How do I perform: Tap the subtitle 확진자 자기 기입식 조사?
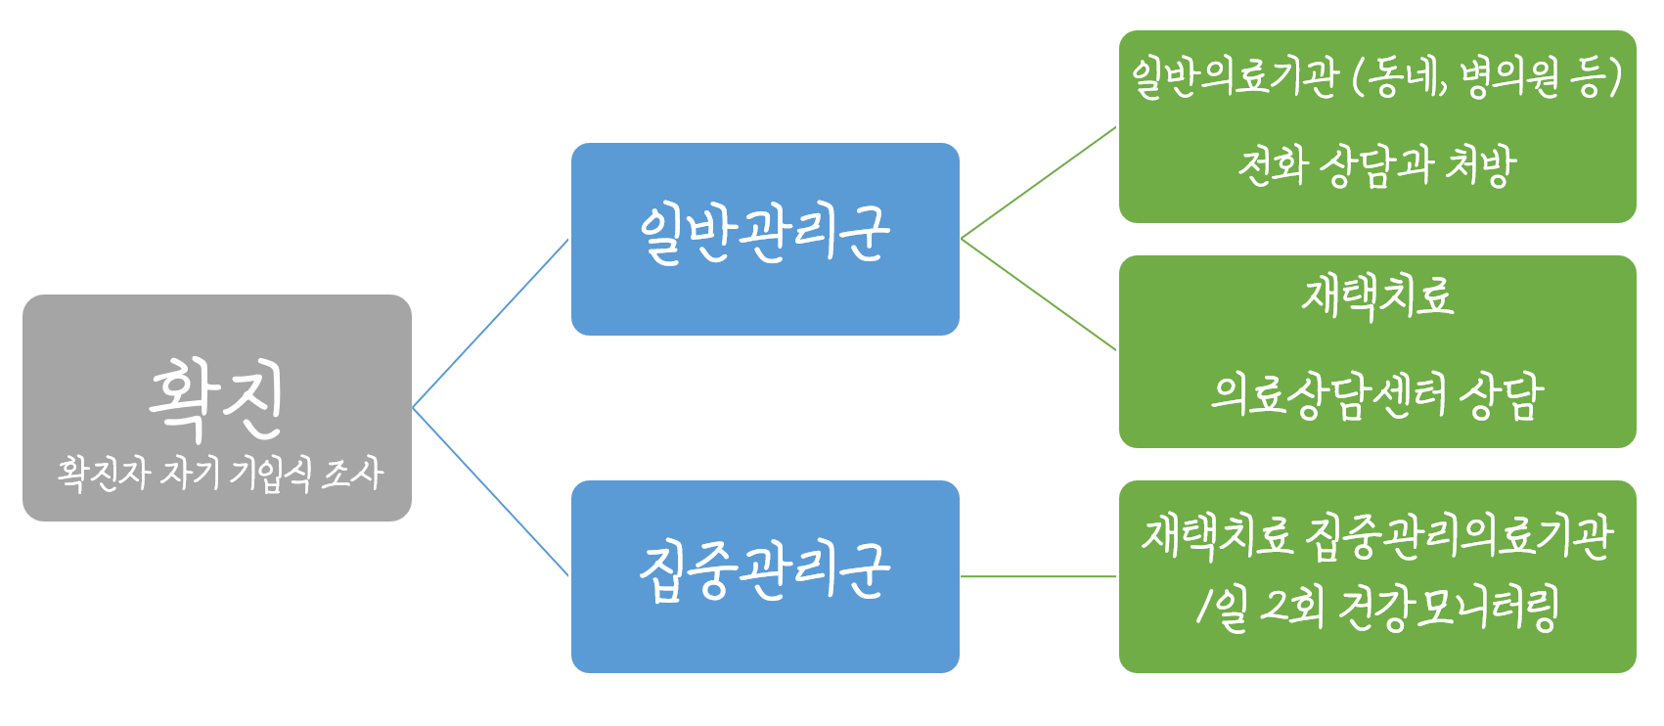coord(219,474)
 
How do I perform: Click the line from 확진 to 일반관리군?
coord(490,324)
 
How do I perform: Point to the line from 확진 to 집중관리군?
coord(490,491)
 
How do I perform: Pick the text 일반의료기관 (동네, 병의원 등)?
coord(1376,77)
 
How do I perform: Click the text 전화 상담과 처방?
coord(1376,165)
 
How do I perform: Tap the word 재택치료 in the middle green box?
coord(1376,296)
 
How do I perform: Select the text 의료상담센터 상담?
coord(1376,395)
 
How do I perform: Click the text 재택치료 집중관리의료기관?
coord(1376,536)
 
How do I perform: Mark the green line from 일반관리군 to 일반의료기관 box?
coord(1038,183)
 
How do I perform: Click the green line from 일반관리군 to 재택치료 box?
coord(1038,295)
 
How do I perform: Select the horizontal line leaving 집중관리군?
coord(1038,576)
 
